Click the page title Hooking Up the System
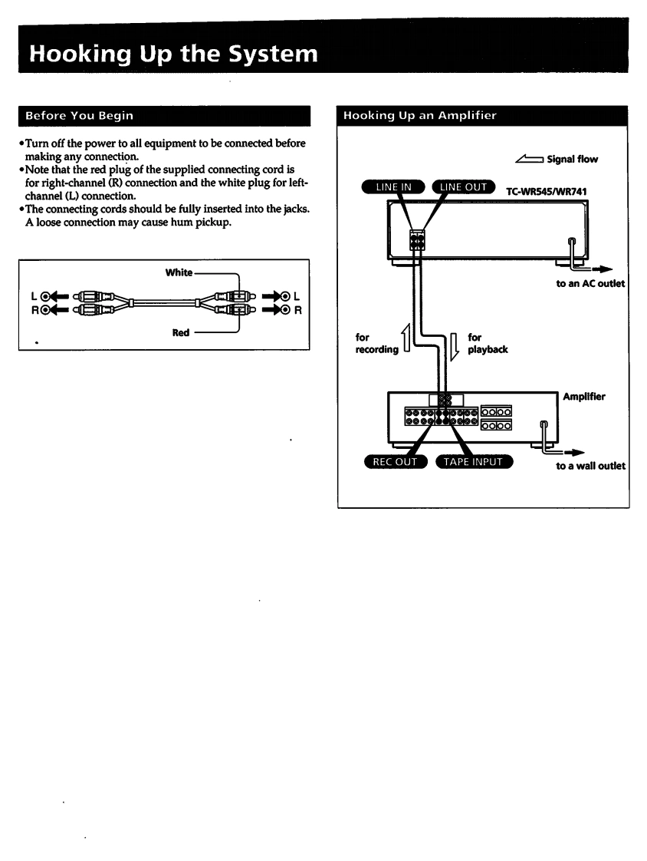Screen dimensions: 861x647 pyautogui.click(x=172, y=54)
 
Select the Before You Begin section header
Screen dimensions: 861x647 pyautogui.click(x=80, y=116)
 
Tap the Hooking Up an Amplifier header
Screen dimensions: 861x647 pyautogui.click(x=419, y=116)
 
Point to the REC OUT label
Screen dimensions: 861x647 pyautogui.click(x=395, y=462)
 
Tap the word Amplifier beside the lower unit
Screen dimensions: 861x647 pyautogui.click(x=584, y=397)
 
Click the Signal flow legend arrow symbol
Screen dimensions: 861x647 pyautogui.click(x=530, y=160)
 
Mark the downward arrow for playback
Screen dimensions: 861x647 pyautogui.click(x=454, y=343)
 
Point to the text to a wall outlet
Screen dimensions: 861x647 pyautogui.click(x=590, y=466)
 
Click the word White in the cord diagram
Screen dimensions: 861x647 pyautogui.click(x=179, y=272)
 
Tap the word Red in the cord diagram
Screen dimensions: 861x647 pyautogui.click(x=180, y=333)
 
